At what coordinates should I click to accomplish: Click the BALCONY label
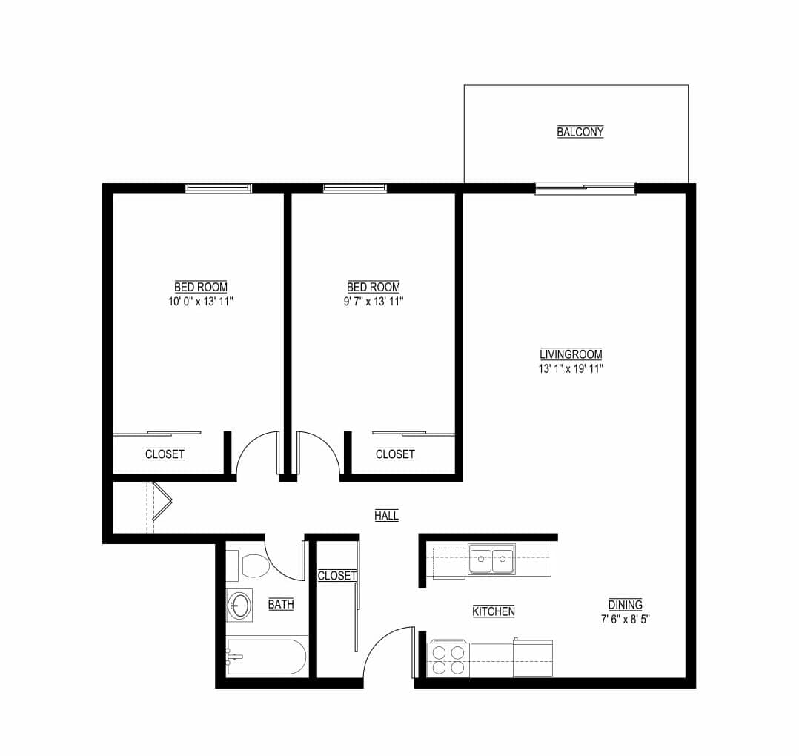[x=580, y=132]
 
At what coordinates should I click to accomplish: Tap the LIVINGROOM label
[x=571, y=354]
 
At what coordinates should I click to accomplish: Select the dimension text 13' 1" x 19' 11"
[x=571, y=368]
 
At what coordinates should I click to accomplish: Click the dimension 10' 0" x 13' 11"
[x=201, y=302]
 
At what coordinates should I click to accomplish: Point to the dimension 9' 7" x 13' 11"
[x=374, y=302]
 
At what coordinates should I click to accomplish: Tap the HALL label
[x=387, y=515]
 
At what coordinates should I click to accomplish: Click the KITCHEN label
[x=494, y=611]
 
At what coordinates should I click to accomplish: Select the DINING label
[x=625, y=604]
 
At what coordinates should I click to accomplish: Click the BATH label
[x=281, y=604]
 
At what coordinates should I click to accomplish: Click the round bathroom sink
[x=239, y=606]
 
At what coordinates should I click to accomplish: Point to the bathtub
[x=265, y=656]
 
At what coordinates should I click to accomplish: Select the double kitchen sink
[x=491, y=559]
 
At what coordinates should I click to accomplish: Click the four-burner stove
[x=448, y=659]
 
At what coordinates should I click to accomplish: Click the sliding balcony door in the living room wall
[x=585, y=188]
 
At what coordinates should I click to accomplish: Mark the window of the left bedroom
[x=218, y=188]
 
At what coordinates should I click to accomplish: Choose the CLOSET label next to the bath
[x=337, y=576]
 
